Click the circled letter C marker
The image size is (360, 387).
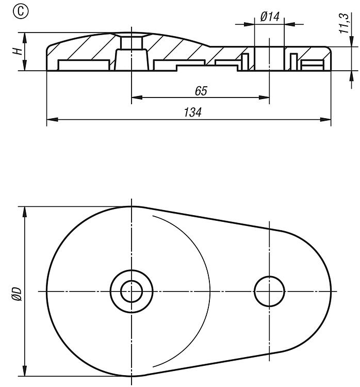coord(21,12)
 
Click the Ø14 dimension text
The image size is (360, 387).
coord(270,17)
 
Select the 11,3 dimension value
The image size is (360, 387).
coord(344,23)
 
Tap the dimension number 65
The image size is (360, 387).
coord(201,91)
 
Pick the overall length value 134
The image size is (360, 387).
coord(192,112)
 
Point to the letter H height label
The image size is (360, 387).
coord(18,51)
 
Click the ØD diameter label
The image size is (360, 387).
coord(17,294)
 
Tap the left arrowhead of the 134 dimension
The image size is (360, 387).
coord(52,120)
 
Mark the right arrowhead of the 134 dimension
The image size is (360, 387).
coord(325,120)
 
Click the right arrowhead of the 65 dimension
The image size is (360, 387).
coord(264,98)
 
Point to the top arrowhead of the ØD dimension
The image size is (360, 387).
coord(24,212)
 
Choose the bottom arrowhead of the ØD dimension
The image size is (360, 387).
coord(24,370)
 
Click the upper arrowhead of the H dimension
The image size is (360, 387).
coord(24,38)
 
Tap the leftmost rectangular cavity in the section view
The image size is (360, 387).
coord(84,65)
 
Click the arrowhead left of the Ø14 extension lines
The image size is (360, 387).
coord(249,24)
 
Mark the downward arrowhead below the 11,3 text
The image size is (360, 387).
coord(351,41)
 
